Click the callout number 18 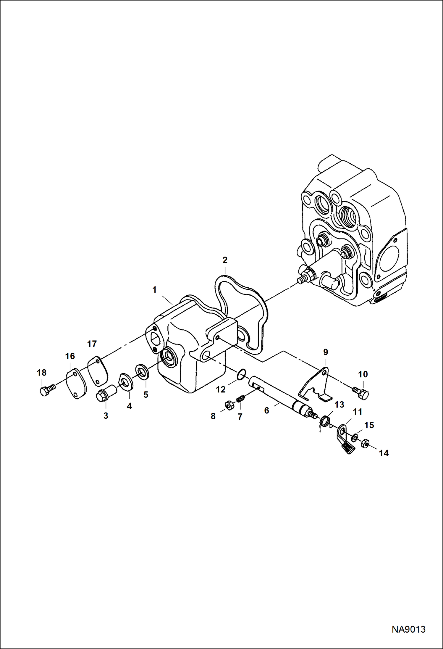click(x=42, y=373)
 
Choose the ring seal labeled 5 click(x=142, y=371)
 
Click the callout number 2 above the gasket click(x=225, y=260)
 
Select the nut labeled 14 click(x=365, y=443)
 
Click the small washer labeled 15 click(x=354, y=437)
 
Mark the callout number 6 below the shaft click(x=266, y=410)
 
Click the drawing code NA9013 click(x=408, y=629)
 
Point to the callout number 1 click(x=154, y=290)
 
